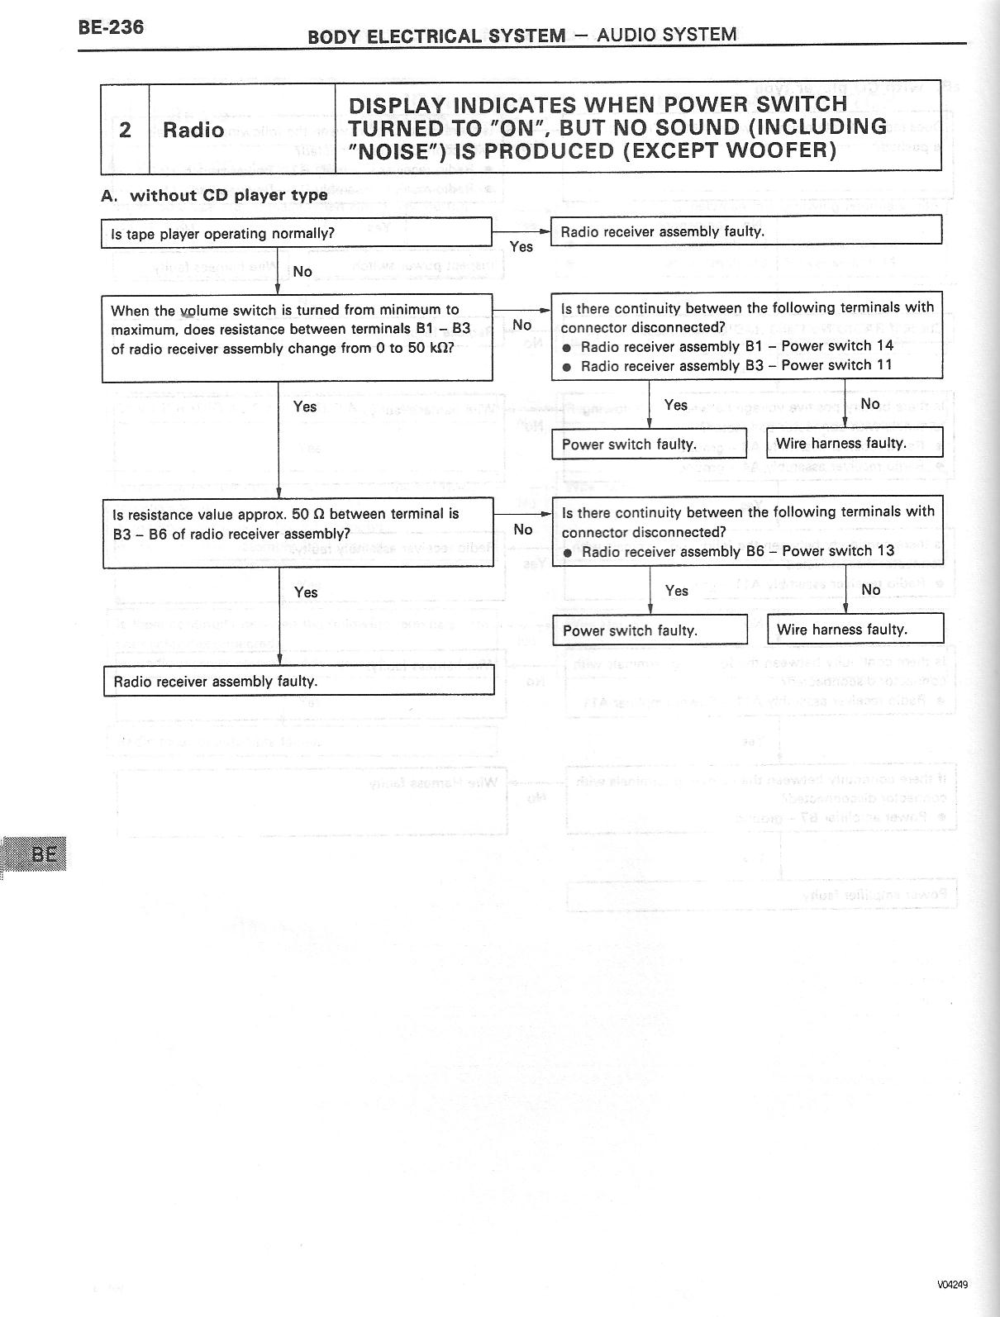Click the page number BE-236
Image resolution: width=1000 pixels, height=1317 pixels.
(x=111, y=27)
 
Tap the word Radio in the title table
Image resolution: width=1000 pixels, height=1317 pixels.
(x=193, y=130)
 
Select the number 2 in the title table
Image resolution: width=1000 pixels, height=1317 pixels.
(x=125, y=130)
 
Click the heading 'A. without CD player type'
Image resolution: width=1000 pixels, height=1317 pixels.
(x=214, y=196)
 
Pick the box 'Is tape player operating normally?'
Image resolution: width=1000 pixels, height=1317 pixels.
(x=297, y=233)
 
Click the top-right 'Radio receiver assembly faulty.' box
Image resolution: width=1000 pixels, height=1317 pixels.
(x=746, y=231)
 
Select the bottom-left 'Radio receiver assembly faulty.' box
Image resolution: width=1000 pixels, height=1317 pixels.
(x=298, y=682)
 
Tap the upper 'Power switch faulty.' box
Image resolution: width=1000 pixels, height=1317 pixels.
(x=649, y=444)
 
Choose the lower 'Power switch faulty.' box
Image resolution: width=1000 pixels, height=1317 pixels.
(x=650, y=630)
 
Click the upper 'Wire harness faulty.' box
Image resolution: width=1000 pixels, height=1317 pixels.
(x=855, y=443)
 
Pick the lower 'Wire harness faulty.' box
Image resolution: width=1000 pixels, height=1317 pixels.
(x=855, y=630)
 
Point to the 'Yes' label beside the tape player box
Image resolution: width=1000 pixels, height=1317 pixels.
(x=521, y=246)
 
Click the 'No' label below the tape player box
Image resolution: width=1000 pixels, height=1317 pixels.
(x=302, y=271)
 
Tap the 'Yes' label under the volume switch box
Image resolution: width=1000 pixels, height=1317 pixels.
(x=305, y=407)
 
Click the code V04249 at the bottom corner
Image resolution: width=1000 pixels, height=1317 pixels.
(x=952, y=1284)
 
